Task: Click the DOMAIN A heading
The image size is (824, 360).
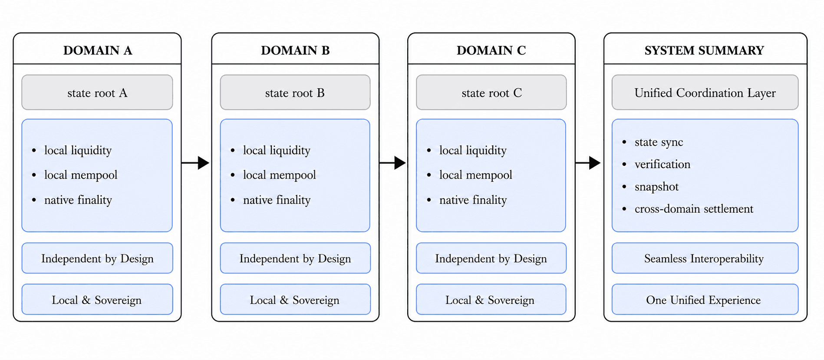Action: pos(98,50)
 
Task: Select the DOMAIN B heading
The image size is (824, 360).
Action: pos(295,50)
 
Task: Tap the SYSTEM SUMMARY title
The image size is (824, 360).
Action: pos(704,50)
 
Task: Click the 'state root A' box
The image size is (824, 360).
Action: pos(97,92)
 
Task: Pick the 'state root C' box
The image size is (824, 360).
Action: pos(491,92)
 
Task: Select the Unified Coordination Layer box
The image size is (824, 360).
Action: pos(705,92)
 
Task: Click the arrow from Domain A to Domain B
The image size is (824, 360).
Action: pos(195,163)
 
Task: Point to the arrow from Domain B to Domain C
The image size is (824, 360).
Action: pos(392,163)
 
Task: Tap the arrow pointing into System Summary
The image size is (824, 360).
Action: pos(588,163)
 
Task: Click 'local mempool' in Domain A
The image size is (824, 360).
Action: pos(81,175)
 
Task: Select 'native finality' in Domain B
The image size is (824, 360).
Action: pos(277,200)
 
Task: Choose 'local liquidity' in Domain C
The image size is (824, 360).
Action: pos(473,150)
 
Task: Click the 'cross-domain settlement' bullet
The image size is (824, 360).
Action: pos(694,209)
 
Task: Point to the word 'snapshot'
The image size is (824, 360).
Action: pos(656,187)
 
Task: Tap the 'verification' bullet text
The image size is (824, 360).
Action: pos(662,164)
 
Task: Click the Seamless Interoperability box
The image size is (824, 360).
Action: pos(705,258)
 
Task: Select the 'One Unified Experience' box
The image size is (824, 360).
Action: pos(705,299)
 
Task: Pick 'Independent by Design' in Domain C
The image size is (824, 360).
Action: pos(491,259)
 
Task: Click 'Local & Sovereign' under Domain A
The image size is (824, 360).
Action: pos(97,300)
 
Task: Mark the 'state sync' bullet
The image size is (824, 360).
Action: pos(659,142)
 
